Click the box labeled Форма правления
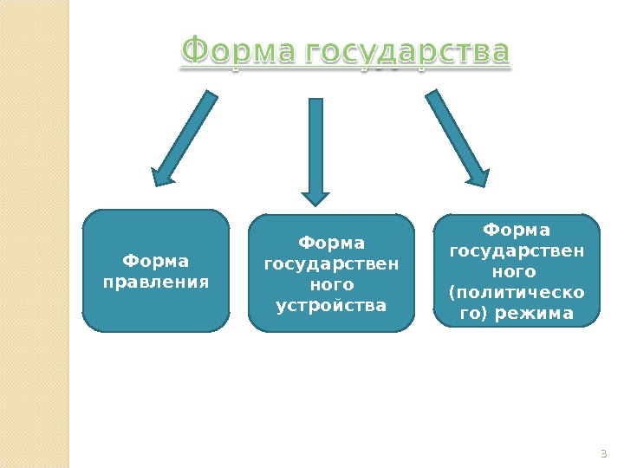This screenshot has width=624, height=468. click(156, 271)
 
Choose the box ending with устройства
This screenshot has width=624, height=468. click(331, 273)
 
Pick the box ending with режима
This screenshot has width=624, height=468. click(517, 270)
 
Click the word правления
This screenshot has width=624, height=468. click(156, 281)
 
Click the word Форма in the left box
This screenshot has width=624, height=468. click(156, 260)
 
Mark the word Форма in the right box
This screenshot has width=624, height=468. click(517, 230)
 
